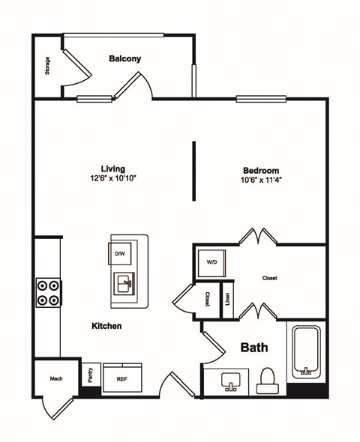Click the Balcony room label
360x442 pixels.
124,58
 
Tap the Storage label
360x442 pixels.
47,66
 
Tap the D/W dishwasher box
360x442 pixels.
120,253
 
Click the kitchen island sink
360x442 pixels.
124,284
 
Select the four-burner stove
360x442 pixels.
47,292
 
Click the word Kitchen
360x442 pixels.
106,326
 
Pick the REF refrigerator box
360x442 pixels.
121,378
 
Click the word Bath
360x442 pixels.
254,348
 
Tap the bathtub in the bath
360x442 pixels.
306,351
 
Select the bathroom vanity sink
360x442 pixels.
230,382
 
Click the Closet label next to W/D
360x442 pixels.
270,278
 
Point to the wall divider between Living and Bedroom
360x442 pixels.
194,170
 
